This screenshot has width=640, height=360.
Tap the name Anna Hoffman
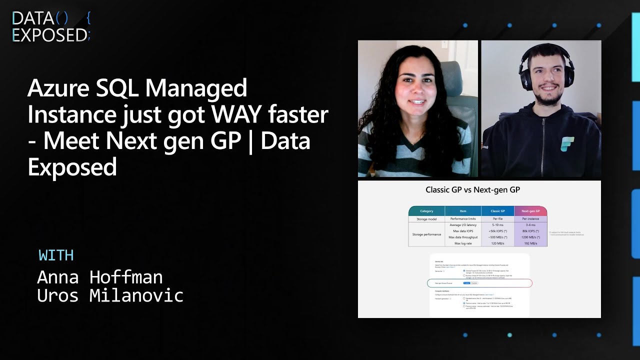pyautogui.click(x=100, y=277)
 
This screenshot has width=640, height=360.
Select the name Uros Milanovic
pyautogui.click(x=110, y=295)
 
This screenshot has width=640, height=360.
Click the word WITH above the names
pyautogui.click(x=56, y=255)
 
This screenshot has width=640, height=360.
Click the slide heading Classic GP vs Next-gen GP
pyautogui.click(x=479, y=189)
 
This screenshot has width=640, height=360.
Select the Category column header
pyautogui.click(x=426, y=211)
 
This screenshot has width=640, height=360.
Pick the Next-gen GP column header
pyautogui.click(x=530, y=211)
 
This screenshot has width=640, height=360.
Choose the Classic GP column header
pyautogui.click(x=497, y=211)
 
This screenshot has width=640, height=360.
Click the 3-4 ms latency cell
pyautogui.click(x=530, y=225)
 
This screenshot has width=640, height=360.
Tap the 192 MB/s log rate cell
pyautogui.click(x=530, y=243)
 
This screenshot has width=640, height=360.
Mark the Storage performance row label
pyautogui.click(x=426, y=234)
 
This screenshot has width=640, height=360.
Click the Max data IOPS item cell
pyautogui.click(x=463, y=231)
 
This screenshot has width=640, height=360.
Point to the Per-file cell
pyautogui.click(x=497, y=219)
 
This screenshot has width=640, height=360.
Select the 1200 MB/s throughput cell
pyautogui.click(x=530, y=237)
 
